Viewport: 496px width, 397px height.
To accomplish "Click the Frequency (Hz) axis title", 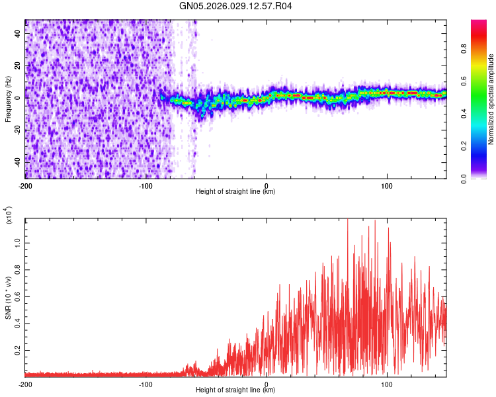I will coord(9,100).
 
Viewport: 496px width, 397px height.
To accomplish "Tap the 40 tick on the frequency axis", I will coord(19,34).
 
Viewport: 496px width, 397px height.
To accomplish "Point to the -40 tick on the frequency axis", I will coord(17,161).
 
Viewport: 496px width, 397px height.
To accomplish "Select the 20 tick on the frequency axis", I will coord(19,66).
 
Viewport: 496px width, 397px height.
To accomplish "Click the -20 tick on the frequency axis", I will coord(17,130).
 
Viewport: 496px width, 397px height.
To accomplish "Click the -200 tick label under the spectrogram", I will coord(25,186).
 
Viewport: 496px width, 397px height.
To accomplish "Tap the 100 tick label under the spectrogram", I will coord(387,186).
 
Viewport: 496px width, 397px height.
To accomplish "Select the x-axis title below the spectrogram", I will coord(236,193).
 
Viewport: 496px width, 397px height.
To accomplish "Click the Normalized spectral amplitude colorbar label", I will coord(491,99).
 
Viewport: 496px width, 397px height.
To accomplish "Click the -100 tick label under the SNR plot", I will coord(145,384).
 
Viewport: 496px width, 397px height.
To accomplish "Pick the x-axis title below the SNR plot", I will coord(236,391).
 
